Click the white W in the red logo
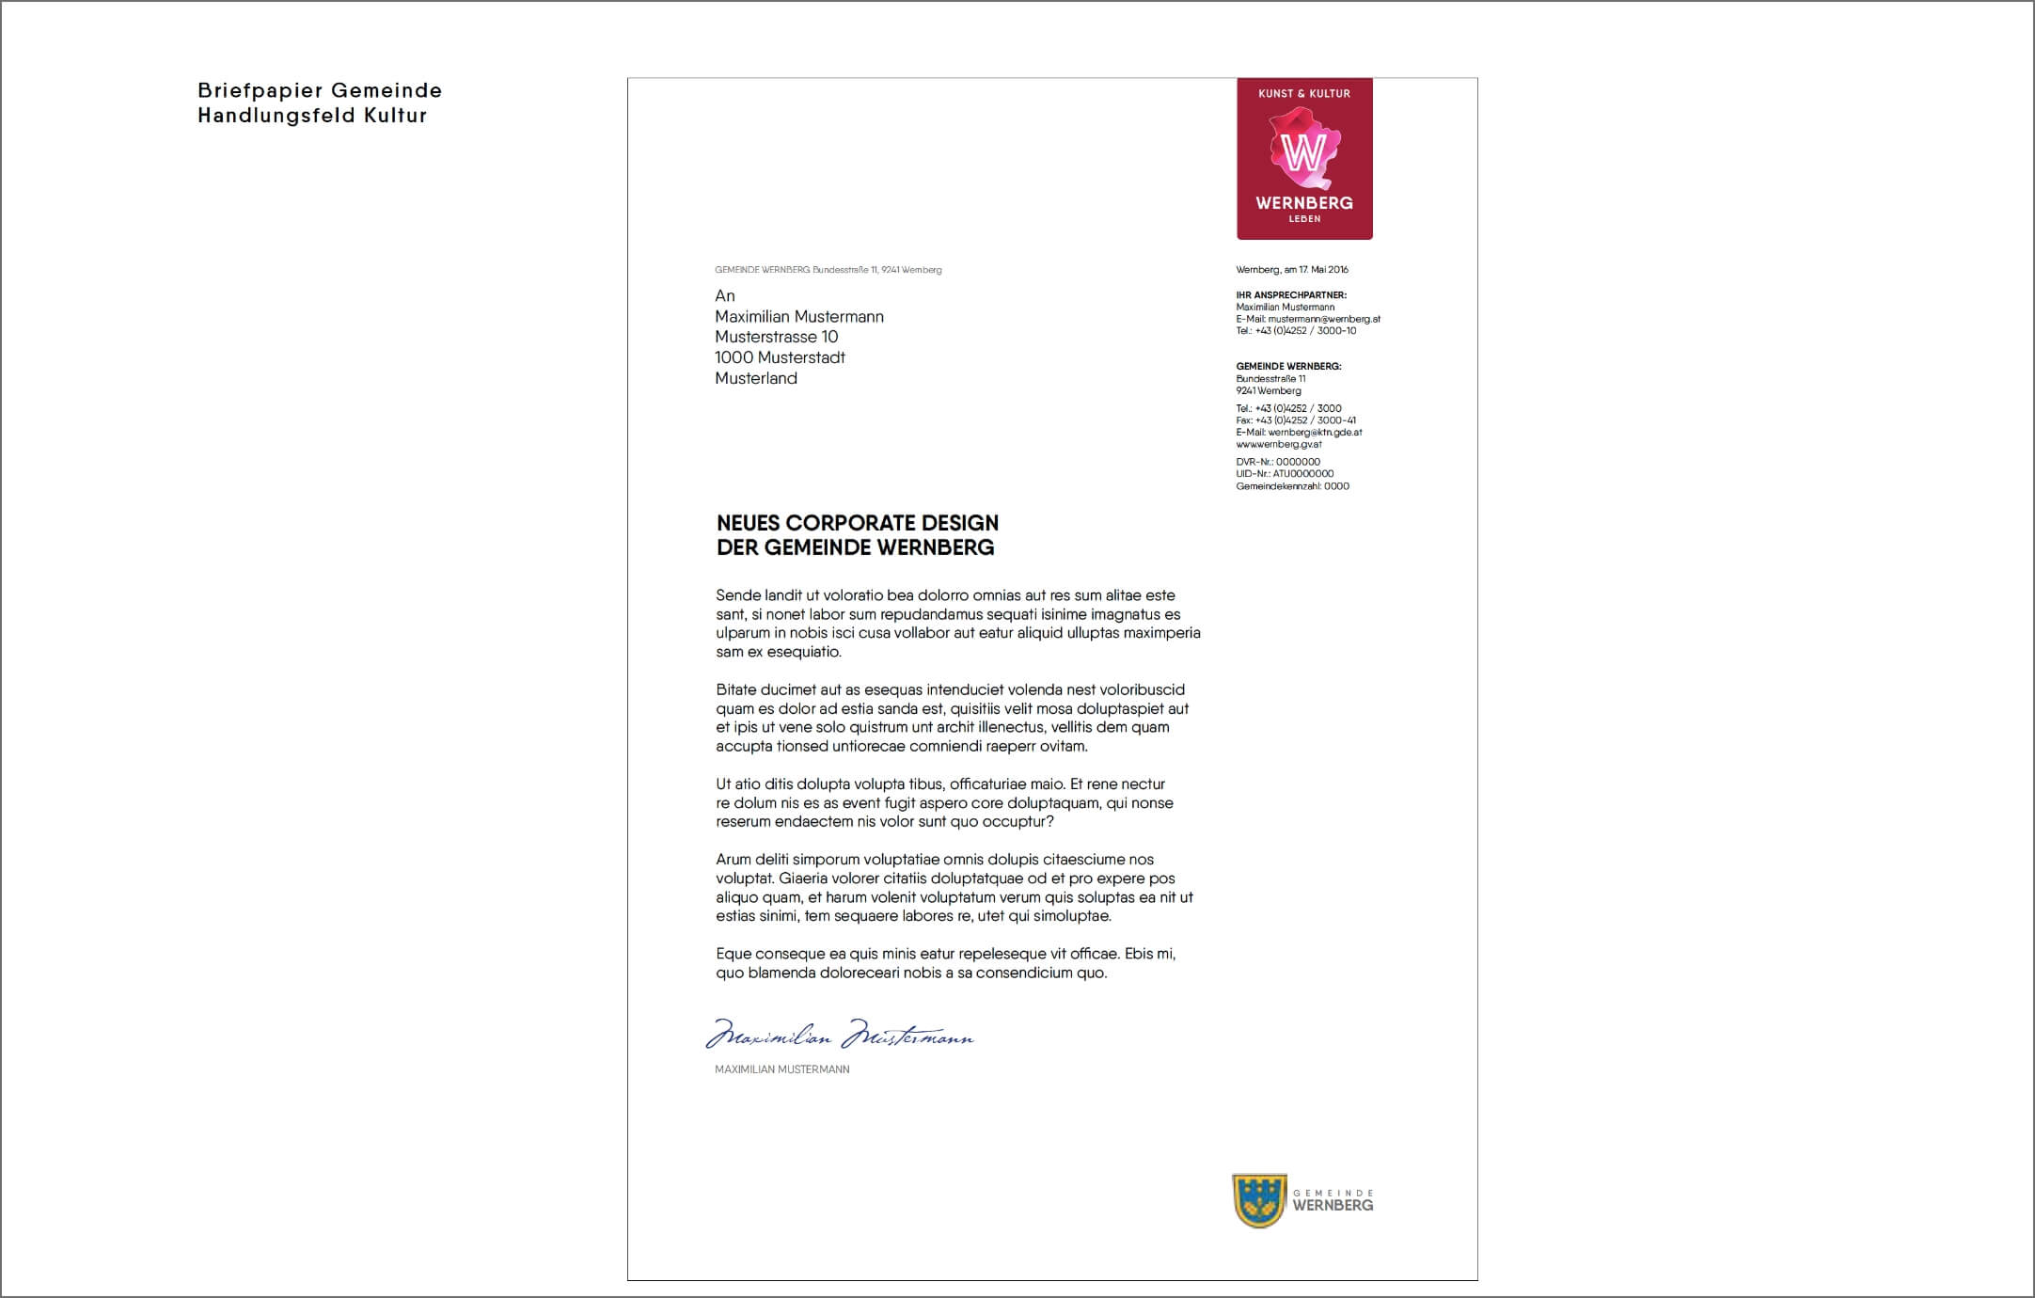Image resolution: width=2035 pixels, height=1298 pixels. pyautogui.click(x=1303, y=151)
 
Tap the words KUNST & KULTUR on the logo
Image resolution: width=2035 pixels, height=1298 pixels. pyautogui.click(x=1304, y=94)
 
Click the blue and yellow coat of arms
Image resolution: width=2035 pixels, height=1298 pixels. pyautogui.click(x=1258, y=1200)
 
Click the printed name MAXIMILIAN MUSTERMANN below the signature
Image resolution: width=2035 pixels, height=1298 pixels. pyautogui.click(x=781, y=1069)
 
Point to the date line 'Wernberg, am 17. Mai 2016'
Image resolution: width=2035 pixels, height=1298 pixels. pyautogui.click(x=1292, y=270)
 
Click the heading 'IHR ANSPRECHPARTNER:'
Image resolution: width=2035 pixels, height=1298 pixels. pyautogui.click(x=1291, y=295)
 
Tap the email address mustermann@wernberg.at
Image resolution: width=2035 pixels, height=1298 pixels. pyautogui.click(x=1324, y=319)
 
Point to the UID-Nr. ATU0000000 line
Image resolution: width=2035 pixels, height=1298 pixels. pyautogui.click(x=1285, y=474)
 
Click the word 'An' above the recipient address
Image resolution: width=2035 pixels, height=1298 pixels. pyautogui.click(x=725, y=296)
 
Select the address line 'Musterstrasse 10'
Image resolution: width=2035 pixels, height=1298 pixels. pyautogui.click(x=776, y=337)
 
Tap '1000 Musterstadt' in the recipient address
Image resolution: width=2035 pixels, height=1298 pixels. pyautogui.click(x=780, y=357)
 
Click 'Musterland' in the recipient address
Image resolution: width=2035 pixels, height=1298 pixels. pyautogui.click(x=756, y=378)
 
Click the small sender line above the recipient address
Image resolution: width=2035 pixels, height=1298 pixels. pyautogui.click(x=828, y=270)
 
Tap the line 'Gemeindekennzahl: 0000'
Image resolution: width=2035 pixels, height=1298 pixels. pyautogui.click(x=1292, y=486)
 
